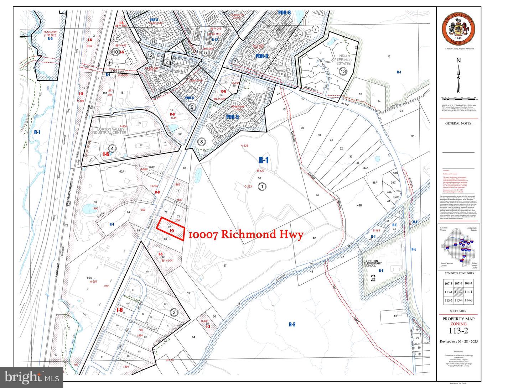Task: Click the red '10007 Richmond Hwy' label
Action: [x=245, y=234]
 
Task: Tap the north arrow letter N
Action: [x=459, y=60]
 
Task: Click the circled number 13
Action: [x=343, y=71]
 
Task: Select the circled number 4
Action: [x=113, y=148]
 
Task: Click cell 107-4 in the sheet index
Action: [x=458, y=284]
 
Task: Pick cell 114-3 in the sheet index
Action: [x=469, y=300]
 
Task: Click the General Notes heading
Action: [x=458, y=124]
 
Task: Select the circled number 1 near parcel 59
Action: [x=262, y=186]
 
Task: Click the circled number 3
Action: [x=174, y=313]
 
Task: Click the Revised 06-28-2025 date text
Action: [x=458, y=341]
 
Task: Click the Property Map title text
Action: [x=458, y=319]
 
